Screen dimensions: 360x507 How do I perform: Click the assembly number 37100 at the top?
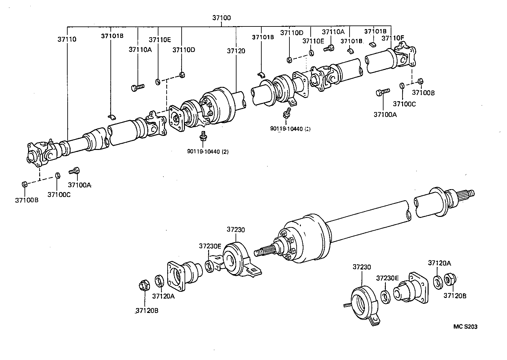tap(221, 18)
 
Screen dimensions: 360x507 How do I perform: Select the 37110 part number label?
tap(67, 39)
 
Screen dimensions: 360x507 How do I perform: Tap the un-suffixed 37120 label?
tap(236, 51)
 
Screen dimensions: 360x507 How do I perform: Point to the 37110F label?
tap(393, 39)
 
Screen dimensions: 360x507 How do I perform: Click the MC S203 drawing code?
tap(465, 327)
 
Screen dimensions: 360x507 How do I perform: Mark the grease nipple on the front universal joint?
tap(51, 141)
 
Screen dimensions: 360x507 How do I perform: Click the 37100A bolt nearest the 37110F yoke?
tap(383, 92)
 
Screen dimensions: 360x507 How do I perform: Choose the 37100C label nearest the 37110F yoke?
tap(404, 104)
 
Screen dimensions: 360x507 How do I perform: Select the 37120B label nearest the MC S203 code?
tap(455, 296)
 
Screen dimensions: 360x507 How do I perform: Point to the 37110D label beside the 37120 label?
tap(184, 50)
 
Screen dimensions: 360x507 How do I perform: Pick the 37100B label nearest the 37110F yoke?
tap(423, 92)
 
